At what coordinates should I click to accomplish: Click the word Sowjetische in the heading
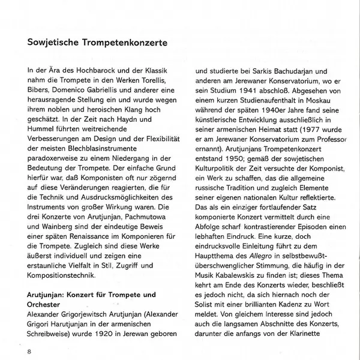(52, 44)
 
